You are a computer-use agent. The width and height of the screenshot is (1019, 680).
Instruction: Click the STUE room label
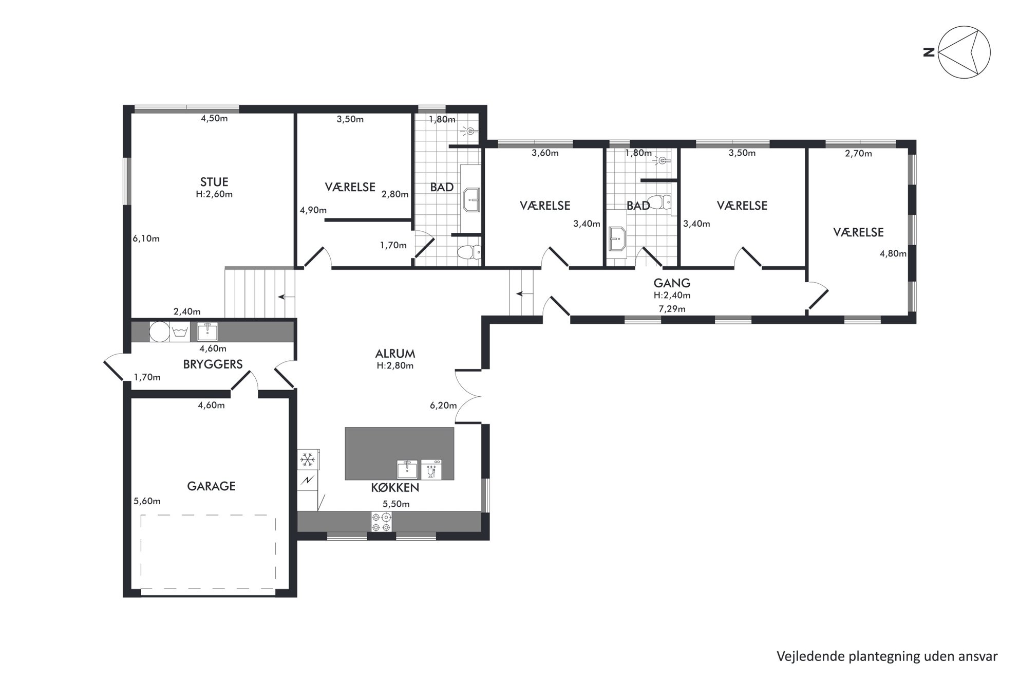(x=214, y=182)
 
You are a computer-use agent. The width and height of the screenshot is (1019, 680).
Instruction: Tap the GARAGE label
(x=211, y=486)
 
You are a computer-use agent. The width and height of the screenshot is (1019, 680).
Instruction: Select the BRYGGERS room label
(x=213, y=364)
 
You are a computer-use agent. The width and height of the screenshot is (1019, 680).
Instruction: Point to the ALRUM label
(x=395, y=354)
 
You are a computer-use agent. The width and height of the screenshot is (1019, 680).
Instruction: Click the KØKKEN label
(x=395, y=487)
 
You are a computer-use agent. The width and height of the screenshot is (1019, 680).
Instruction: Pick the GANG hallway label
(x=672, y=283)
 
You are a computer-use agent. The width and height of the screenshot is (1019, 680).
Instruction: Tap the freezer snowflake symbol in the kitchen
(x=308, y=460)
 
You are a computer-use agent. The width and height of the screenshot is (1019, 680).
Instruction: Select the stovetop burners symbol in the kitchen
(x=381, y=522)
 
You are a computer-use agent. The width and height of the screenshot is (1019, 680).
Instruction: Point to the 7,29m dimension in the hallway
(x=672, y=309)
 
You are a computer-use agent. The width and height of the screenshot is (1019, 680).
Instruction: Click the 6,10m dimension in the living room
(x=146, y=238)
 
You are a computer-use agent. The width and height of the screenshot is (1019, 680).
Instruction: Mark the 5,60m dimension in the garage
(x=147, y=501)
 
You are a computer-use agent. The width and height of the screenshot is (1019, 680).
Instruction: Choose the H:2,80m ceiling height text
(x=395, y=366)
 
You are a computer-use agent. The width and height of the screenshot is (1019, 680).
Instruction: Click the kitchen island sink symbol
(x=407, y=469)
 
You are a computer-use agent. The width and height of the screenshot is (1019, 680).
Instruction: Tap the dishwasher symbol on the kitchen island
(x=431, y=469)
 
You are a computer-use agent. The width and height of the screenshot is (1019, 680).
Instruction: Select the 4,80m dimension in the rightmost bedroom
(x=893, y=253)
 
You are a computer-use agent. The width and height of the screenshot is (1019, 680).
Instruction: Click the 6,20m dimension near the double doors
(x=443, y=406)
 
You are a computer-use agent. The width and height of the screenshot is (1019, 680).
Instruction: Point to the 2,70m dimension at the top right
(x=858, y=153)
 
